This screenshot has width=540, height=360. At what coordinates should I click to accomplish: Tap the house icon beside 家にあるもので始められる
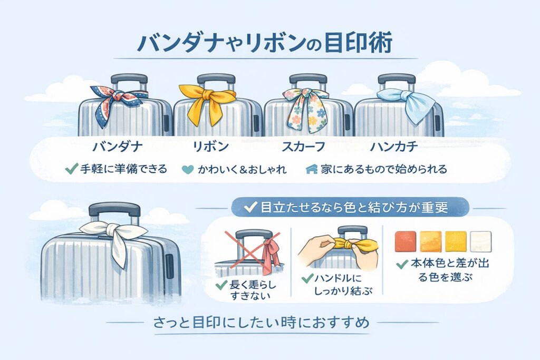point(312,170)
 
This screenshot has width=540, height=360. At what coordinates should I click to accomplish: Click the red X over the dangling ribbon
point(250,250)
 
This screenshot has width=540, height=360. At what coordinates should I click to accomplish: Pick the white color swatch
point(480,240)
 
